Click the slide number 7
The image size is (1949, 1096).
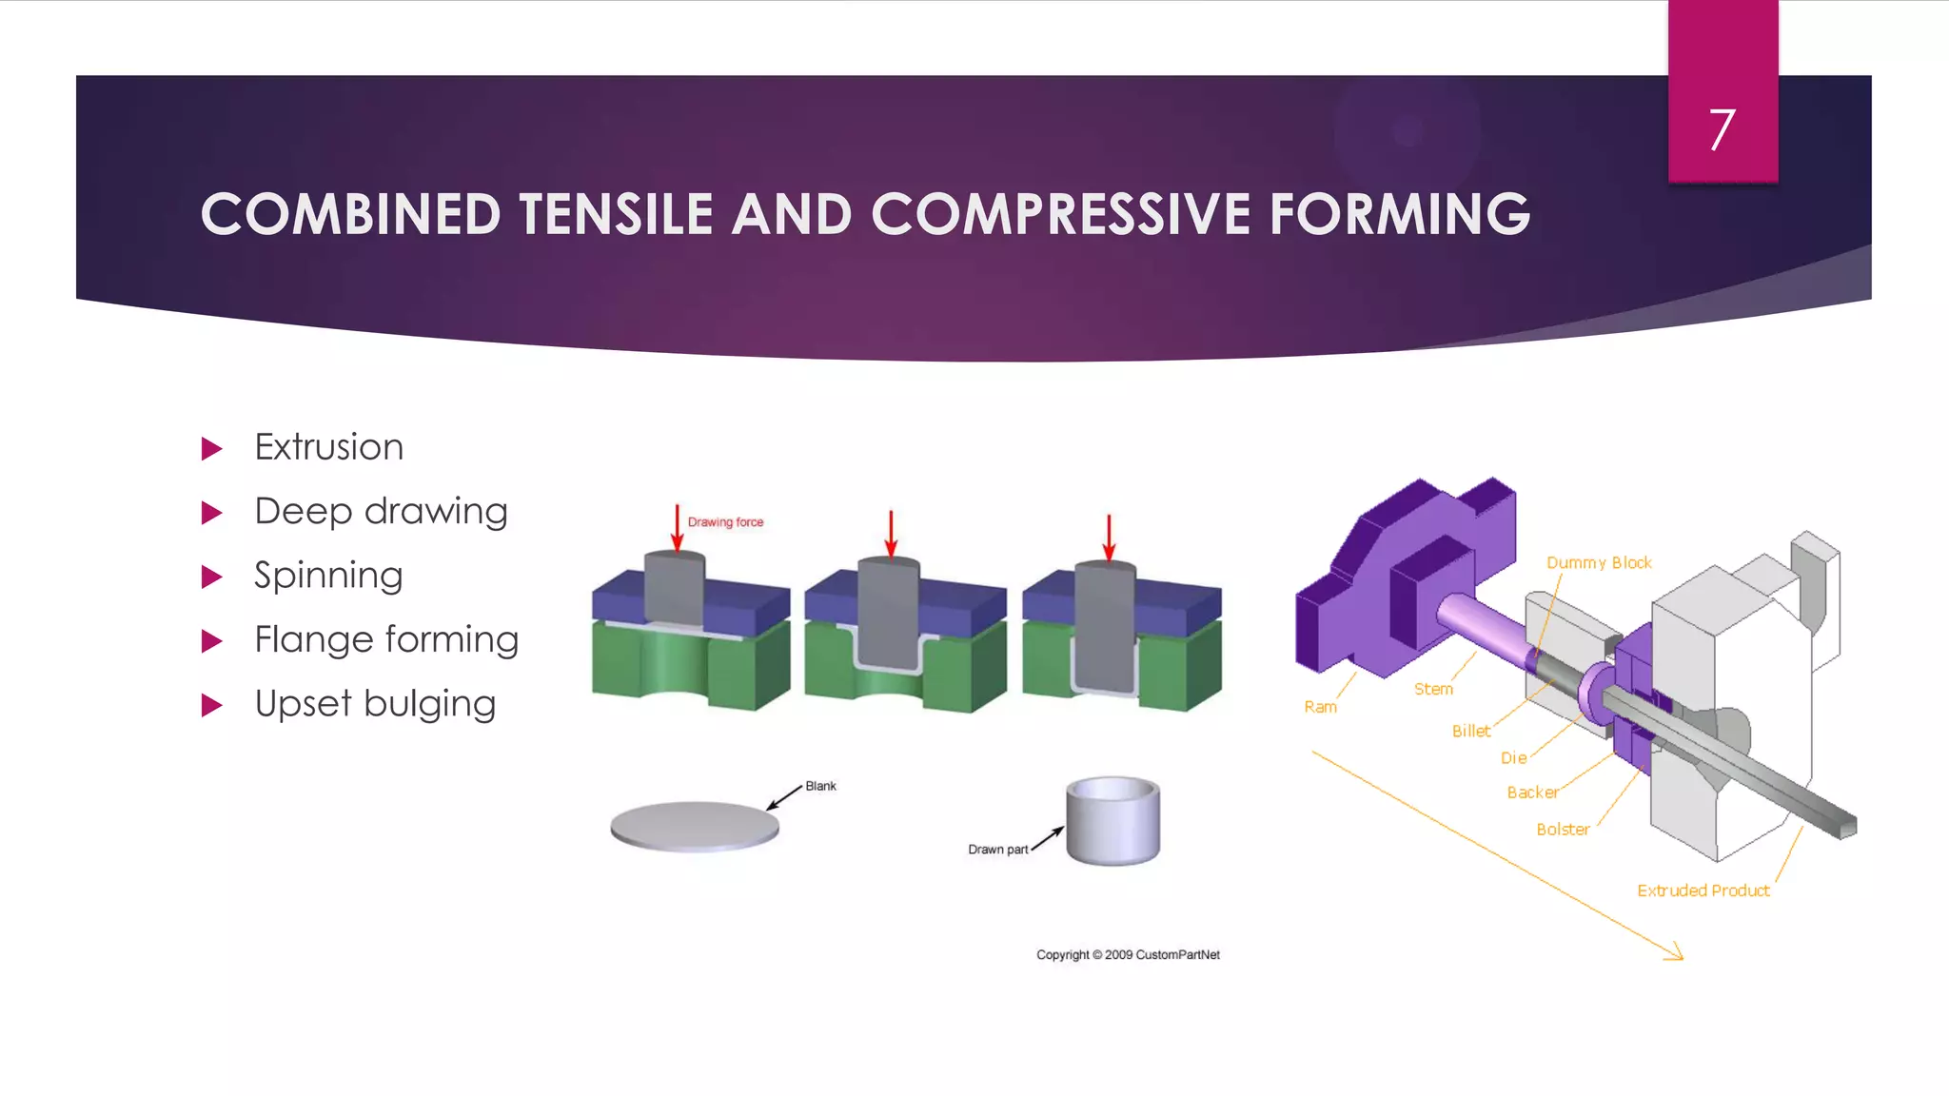pos(1722,130)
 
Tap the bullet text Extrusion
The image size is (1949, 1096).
pos(328,447)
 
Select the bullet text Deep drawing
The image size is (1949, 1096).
pos(381,512)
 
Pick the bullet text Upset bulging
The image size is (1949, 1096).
pos(375,704)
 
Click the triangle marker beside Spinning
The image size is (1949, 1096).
pos(211,577)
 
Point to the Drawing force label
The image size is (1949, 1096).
pos(725,522)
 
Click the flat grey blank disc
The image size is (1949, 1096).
pos(694,825)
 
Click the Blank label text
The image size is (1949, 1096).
pos(820,786)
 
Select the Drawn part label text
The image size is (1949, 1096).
pos(997,850)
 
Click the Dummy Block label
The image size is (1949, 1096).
pos(1599,563)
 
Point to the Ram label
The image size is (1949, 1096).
pos(1320,707)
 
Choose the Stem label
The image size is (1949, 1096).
pos(1433,689)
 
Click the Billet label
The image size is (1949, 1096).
pos(1470,731)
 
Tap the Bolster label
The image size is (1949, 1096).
pos(1563,830)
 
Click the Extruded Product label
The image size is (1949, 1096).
pos(1703,890)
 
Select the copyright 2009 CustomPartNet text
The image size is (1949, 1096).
pos(1128,954)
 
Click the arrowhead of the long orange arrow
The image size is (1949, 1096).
pos(1677,954)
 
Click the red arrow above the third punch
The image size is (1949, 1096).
pos(1109,538)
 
